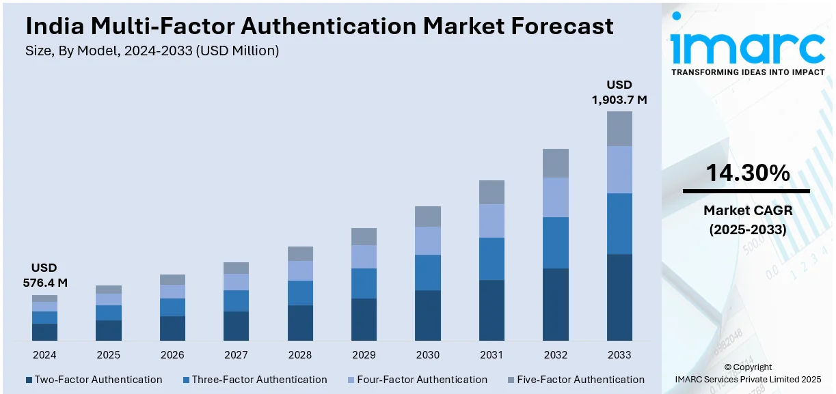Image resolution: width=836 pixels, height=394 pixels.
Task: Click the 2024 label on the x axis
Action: tap(44, 355)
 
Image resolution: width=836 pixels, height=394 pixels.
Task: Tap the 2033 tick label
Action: tap(619, 355)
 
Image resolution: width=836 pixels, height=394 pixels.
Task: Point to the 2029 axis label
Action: tap(364, 355)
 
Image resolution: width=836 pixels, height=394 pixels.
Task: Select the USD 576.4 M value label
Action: tap(44, 275)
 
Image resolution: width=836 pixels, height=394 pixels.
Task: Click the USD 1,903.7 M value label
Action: tap(619, 92)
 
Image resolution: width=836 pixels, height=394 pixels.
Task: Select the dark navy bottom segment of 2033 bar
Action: tap(619, 297)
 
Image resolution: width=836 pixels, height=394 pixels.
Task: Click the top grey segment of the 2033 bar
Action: tap(619, 128)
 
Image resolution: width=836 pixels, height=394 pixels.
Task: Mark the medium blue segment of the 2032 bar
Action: tap(556, 242)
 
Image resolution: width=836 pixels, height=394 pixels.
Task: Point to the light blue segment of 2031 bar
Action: tap(491, 221)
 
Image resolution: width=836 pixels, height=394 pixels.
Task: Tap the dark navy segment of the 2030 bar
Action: tap(428, 315)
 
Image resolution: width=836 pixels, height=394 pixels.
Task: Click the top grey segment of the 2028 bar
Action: tap(300, 253)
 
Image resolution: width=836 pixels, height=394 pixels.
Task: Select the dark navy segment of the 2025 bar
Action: tap(109, 330)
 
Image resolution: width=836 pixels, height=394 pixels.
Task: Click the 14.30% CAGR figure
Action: tap(747, 173)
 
